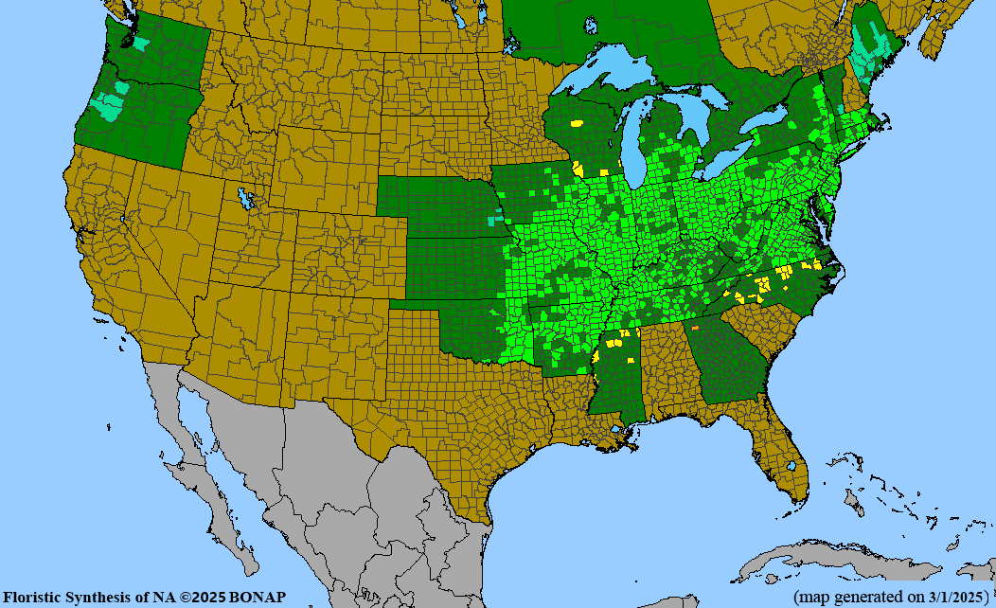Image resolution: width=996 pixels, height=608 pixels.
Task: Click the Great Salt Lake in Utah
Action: point(247,199)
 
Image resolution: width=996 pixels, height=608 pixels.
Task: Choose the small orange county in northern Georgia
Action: point(695,328)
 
